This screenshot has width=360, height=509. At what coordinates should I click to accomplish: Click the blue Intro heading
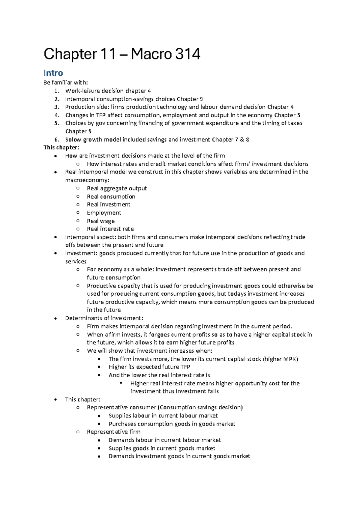pos(53,73)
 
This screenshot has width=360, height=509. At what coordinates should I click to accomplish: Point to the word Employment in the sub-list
pos(104,213)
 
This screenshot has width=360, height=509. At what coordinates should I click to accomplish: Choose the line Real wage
pos(100,221)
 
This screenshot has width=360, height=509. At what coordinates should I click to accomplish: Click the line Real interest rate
pos(110,229)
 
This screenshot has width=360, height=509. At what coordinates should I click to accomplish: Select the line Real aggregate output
pos(117,188)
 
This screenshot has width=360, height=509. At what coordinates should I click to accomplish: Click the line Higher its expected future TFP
pos(149,367)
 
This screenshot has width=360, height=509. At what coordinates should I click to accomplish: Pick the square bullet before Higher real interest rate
pos(121,383)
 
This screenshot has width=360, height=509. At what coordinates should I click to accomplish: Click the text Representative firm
pos(113,432)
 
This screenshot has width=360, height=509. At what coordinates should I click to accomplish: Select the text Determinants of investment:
pos(104,318)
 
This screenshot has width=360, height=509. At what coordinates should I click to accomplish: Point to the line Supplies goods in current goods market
pos(162,448)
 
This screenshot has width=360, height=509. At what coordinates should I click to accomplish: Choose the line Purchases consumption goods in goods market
pos(172,424)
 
